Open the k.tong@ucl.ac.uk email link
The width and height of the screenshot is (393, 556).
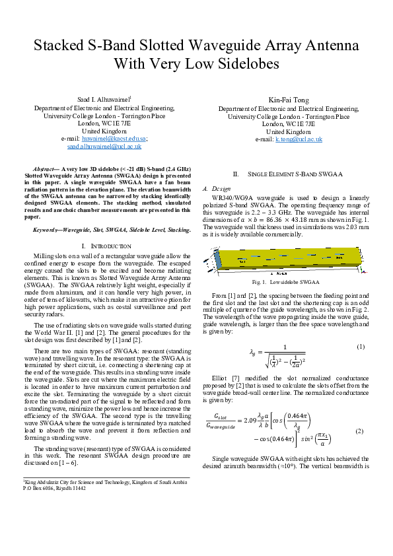(x=299, y=139)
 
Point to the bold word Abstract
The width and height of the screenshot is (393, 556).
(x=46, y=170)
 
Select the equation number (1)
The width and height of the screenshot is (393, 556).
(x=361, y=347)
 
